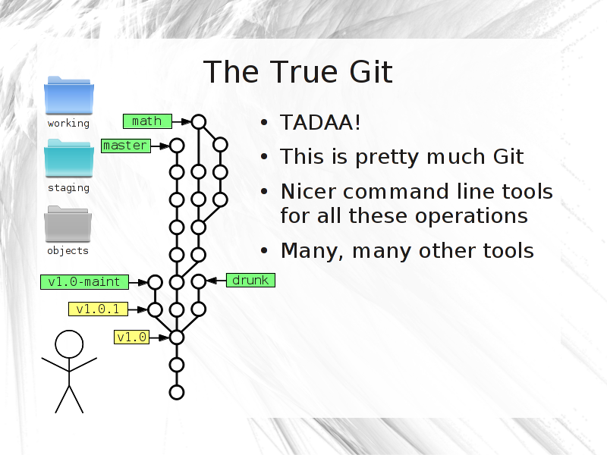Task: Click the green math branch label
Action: click(x=147, y=121)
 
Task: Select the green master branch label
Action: click(x=126, y=146)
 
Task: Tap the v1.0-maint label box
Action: click(x=84, y=281)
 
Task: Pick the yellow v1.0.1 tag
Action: click(x=99, y=309)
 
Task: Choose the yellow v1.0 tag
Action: click(x=131, y=337)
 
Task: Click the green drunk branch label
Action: click(x=250, y=280)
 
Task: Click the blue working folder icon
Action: click(x=69, y=96)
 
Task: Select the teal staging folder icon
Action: click(x=69, y=158)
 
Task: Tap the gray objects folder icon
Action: click(x=68, y=224)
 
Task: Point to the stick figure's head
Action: click(x=69, y=344)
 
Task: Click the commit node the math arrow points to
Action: click(x=199, y=122)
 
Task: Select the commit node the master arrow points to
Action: click(x=177, y=146)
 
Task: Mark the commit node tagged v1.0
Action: click(x=177, y=337)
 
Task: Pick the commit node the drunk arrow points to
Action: click(x=199, y=281)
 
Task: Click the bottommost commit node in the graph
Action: click(x=177, y=392)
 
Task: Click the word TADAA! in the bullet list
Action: click(x=320, y=123)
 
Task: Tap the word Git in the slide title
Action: click(x=371, y=72)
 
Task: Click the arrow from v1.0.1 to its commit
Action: click(x=138, y=309)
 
